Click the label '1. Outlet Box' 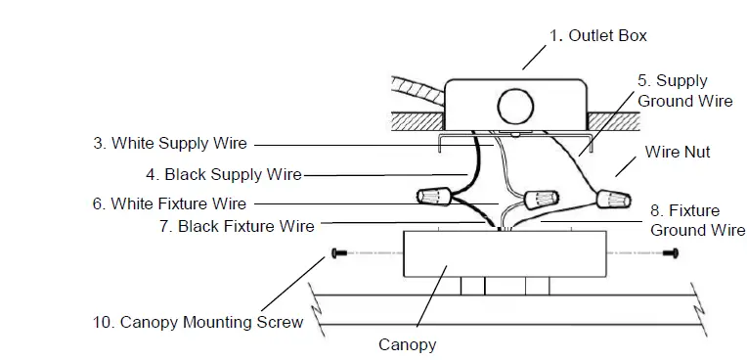pos(597,35)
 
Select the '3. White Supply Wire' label pos(170,143)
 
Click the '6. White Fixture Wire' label pos(169,203)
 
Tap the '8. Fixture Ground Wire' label pos(697,220)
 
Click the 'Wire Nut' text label pos(677,153)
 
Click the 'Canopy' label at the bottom pos(407,344)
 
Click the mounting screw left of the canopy pos(339,254)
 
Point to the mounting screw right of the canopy pos(671,254)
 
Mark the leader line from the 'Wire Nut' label pos(626,172)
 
